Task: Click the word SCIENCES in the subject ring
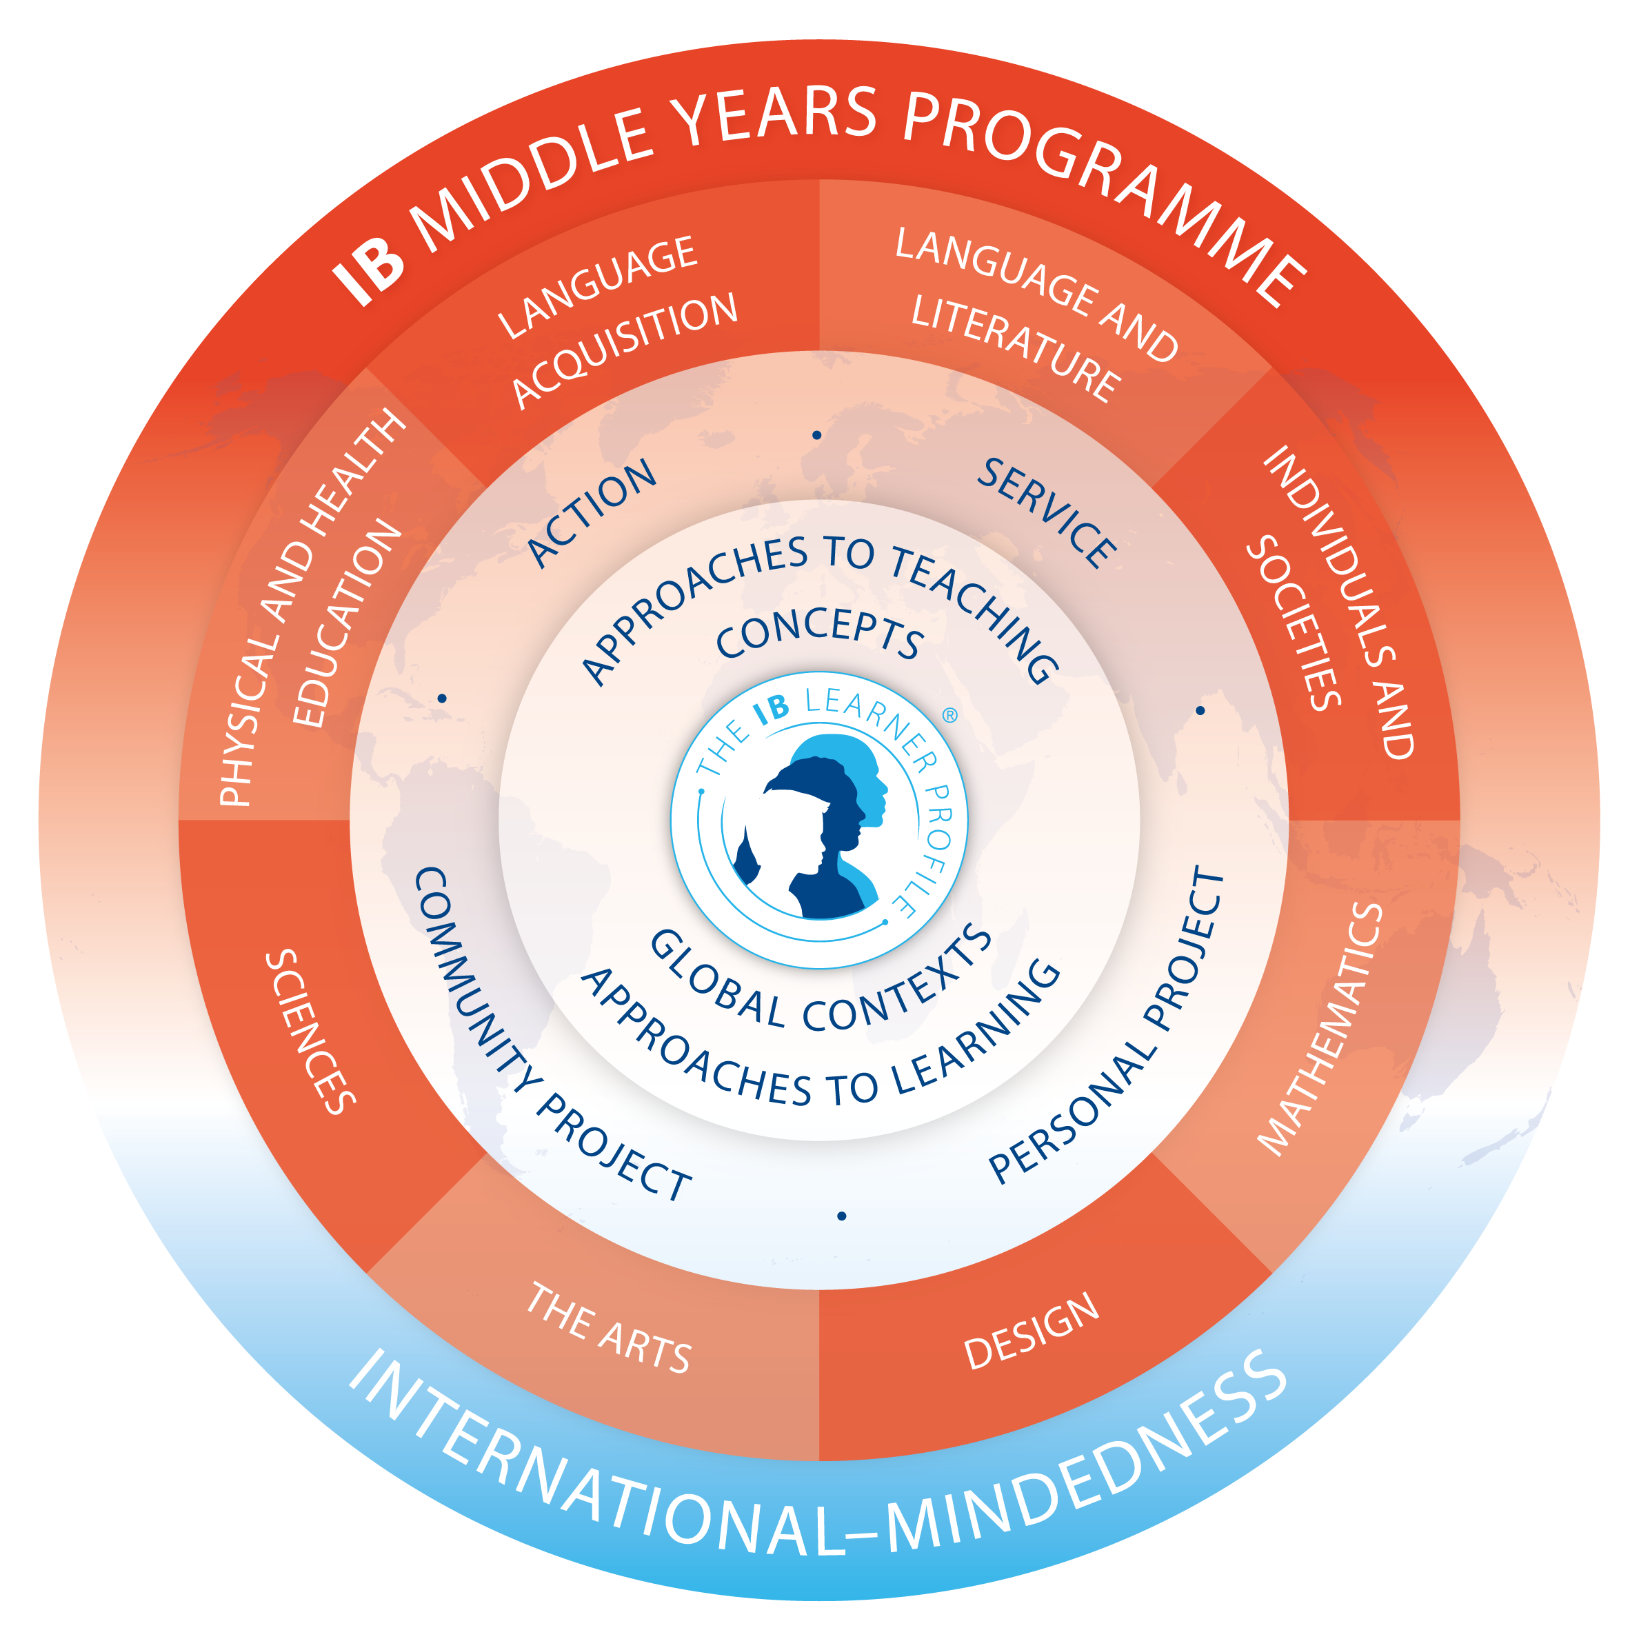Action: pos(310,1032)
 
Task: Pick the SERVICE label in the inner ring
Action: pos(1045,512)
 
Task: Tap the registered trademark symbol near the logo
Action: pos(950,715)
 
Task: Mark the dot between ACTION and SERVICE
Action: pos(817,435)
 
